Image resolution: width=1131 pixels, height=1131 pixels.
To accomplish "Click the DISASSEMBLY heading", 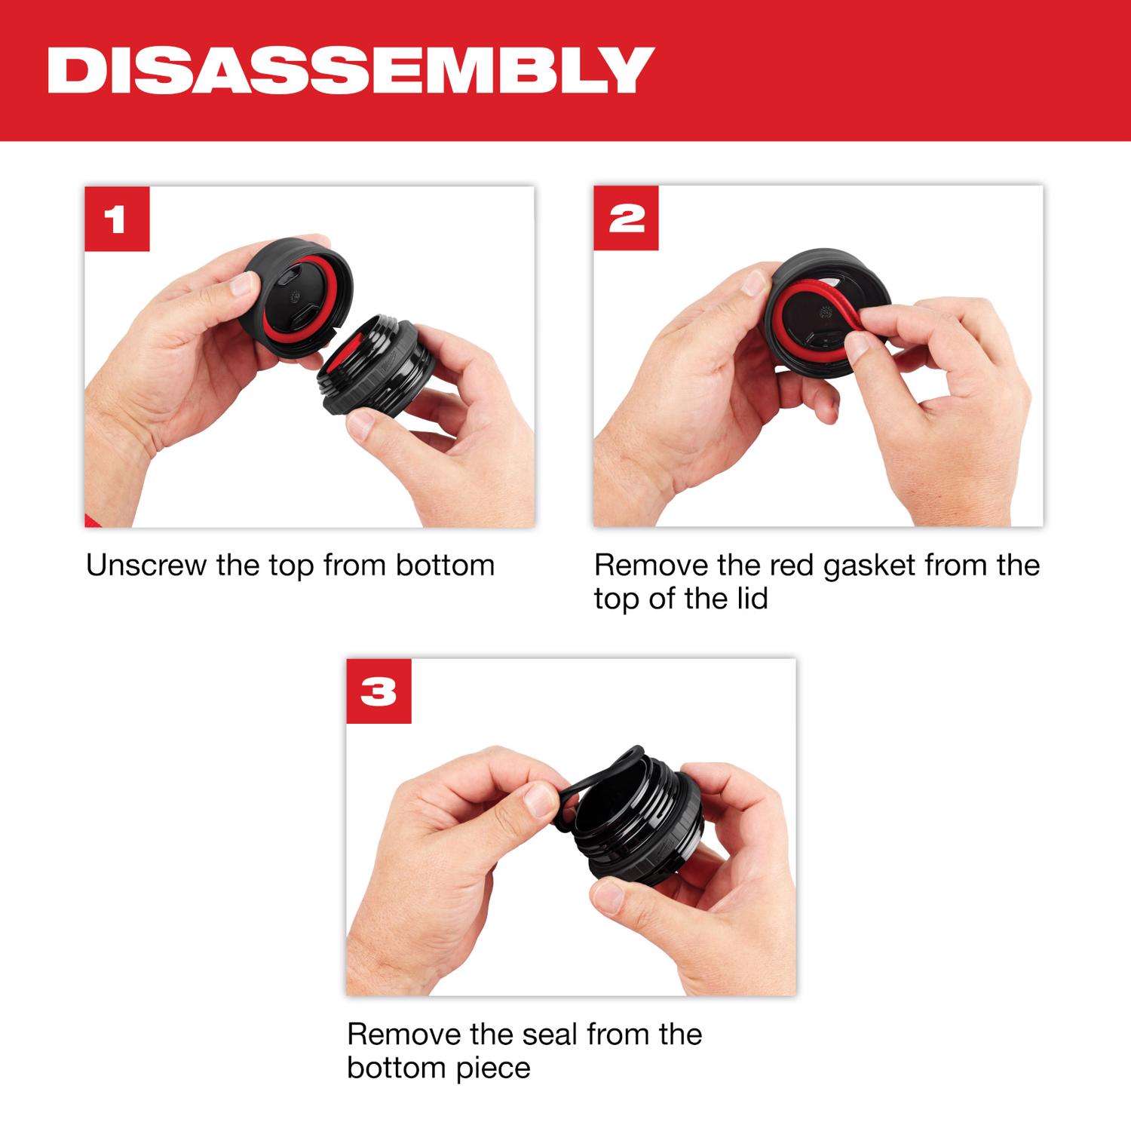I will (x=349, y=70).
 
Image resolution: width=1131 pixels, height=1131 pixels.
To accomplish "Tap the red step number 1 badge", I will (x=117, y=219).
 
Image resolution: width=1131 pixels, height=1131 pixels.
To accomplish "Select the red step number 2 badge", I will (x=626, y=219).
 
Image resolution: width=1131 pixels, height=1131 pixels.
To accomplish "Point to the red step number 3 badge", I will (x=379, y=691).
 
